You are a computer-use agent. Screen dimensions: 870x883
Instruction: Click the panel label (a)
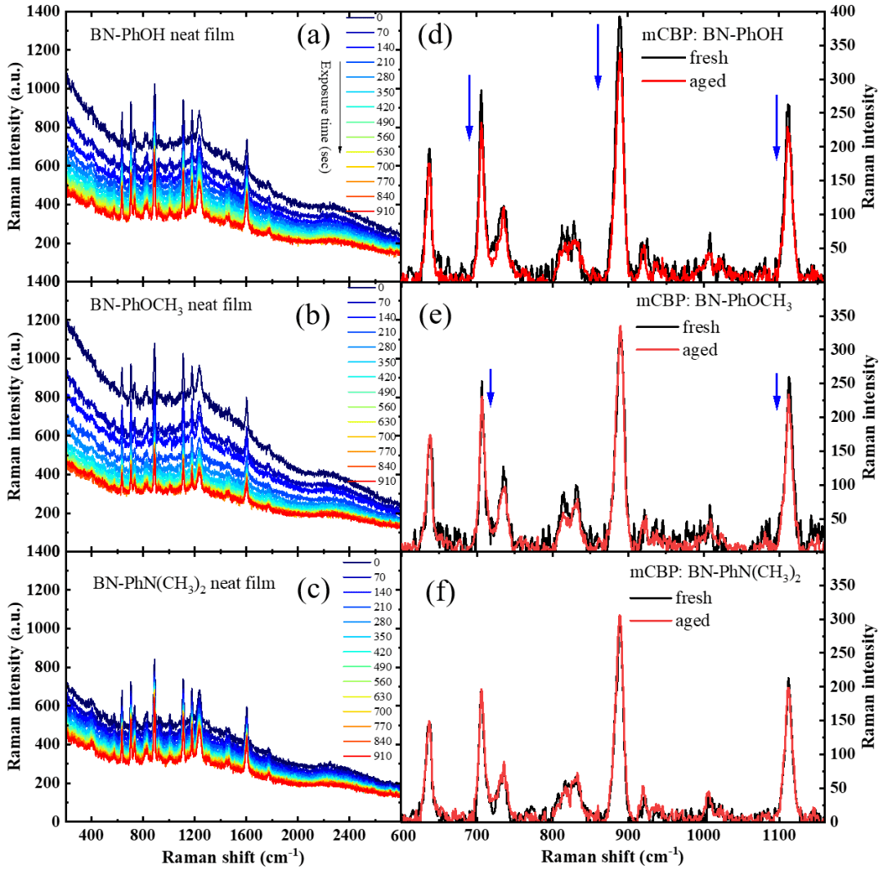click(315, 35)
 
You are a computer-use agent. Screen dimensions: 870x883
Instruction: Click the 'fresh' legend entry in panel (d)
click(709, 58)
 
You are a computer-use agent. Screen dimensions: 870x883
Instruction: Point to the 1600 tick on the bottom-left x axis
click(246, 835)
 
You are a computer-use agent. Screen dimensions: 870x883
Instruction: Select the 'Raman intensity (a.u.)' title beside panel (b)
click(14, 416)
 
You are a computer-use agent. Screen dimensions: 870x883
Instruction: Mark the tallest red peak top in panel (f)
click(620, 616)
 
